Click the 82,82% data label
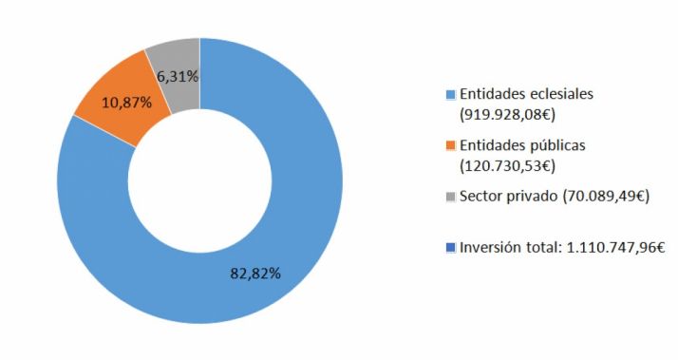255,273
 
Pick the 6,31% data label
178,77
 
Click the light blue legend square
450,95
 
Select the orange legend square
450,146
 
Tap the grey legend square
450,198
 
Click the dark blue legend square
450,249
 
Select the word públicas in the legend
556,145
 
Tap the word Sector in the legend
481,197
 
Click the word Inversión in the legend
491,248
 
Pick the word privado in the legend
533,197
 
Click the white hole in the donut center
199,180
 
